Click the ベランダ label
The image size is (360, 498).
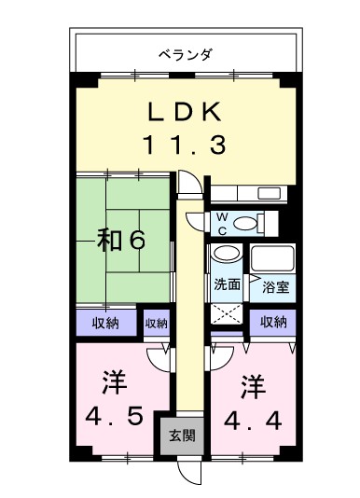[x=186, y=54]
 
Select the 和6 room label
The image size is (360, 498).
[x=121, y=240]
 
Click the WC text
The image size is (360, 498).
[x=221, y=223]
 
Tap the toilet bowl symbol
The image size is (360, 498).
[x=245, y=223]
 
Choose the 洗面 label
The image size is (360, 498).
[x=227, y=284]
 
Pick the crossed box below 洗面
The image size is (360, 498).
[x=226, y=314]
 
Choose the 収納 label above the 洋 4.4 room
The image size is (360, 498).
[x=273, y=323]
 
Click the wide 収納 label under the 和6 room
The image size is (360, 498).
[x=104, y=324]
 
